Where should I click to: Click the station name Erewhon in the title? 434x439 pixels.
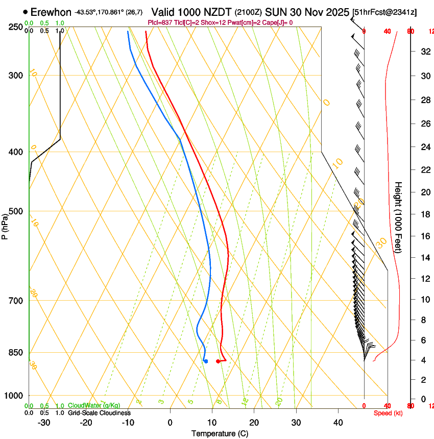pyautogui.click(x=51, y=12)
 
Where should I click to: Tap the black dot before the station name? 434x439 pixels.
pyautogui.click(x=26, y=12)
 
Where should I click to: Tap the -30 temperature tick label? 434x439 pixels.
pyautogui.click(x=44, y=423)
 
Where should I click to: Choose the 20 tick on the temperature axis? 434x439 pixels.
pyautogui.click(x=254, y=423)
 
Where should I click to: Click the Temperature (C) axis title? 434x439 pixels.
pyautogui.click(x=220, y=433)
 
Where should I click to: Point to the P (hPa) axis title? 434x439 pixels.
pyautogui.click(x=5, y=224)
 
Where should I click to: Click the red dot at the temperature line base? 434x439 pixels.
pyautogui.click(x=218, y=361)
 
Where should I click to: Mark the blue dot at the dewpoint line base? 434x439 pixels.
pyautogui.click(x=206, y=361)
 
